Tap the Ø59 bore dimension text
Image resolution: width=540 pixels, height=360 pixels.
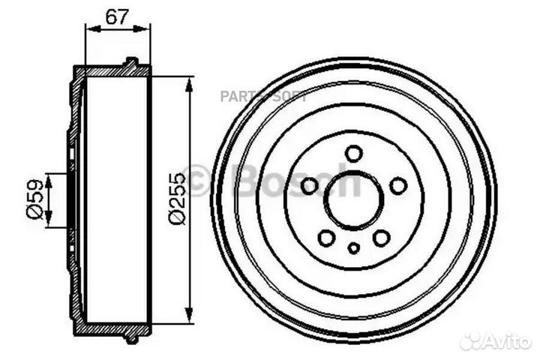[x=33, y=199]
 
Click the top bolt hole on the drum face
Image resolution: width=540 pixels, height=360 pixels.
[x=354, y=153]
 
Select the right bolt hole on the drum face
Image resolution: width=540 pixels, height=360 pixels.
[x=399, y=185]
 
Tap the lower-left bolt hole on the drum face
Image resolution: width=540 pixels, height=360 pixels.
[x=326, y=238]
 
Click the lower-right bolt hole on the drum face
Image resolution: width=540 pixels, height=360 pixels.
[x=382, y=238]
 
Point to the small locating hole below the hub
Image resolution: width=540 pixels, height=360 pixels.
[x=354, y=248]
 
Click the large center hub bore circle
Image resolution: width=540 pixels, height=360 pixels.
[x=354, y=201]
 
